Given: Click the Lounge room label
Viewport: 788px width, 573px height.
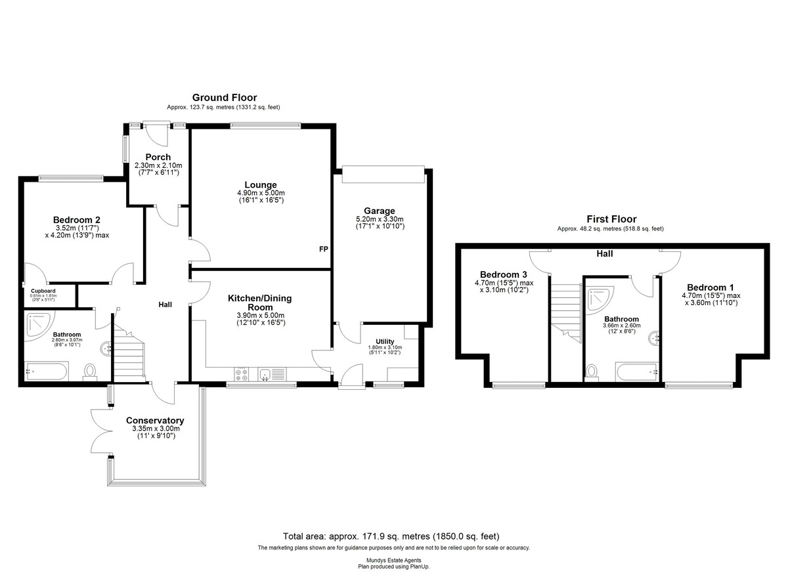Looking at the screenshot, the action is [x=260, y=185].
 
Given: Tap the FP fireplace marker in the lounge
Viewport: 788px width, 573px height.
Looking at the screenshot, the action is [x=323, y=249].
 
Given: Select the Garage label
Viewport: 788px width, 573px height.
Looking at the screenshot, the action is [x=380, y=211].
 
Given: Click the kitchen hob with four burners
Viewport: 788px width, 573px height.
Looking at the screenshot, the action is [x=242, y=374].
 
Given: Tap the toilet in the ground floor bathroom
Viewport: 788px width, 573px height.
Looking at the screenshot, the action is [x=90, y=372].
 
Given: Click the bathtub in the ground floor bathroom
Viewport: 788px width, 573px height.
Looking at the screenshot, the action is [x=47, y=371].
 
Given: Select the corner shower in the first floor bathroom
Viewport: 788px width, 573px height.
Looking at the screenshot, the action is [x=600, y=299].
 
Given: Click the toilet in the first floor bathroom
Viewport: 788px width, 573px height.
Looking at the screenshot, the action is [x=592, y=373].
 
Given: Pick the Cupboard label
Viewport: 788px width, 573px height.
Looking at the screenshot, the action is [x=43, y=291].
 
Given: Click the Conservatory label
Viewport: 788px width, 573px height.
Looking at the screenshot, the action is [x=155, y=421].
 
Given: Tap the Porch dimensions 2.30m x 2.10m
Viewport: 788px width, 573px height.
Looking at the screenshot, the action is [x=158, y=165].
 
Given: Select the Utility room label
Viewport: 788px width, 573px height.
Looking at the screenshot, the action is [x=385, y=342].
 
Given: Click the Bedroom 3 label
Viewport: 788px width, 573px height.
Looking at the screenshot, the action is [x=504, y=274].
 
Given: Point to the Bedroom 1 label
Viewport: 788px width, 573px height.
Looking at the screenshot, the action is [x=711, y=287].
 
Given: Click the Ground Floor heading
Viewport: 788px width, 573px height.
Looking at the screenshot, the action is [x=225, y=97].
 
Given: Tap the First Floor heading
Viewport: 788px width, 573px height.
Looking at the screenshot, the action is [x=611, y=219].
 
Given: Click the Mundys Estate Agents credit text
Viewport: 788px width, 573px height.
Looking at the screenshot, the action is [x=393, y=561].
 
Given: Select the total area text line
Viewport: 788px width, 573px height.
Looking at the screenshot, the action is [x=391, y=536].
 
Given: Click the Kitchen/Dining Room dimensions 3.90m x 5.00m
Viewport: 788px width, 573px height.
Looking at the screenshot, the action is [x=261, y=315].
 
